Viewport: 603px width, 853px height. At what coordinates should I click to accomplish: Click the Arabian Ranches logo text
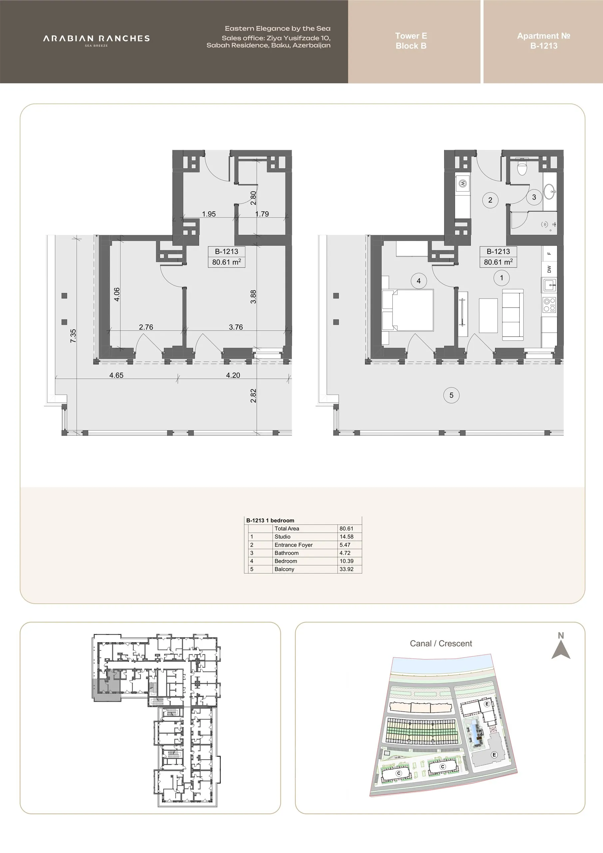pos(96,39)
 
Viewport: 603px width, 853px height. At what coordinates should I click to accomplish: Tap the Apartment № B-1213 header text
pos(544,41)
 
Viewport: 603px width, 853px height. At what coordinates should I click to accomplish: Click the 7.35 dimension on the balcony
pos(73,336)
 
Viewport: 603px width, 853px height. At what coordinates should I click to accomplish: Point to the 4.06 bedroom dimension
pos(117,294)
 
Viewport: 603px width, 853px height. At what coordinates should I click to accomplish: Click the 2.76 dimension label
pos(146,327)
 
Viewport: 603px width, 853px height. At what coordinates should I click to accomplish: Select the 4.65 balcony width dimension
pos(116,375)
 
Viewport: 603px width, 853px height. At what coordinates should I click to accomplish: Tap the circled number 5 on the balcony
pos(451,395)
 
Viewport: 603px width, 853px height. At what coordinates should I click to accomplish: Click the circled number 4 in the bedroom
pos(419,281)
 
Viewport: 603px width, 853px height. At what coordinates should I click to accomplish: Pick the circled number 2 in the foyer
pos(490,200)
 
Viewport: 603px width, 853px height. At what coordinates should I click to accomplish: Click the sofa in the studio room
pos(513,314)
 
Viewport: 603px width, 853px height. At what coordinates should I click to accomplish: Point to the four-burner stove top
pos(549,305)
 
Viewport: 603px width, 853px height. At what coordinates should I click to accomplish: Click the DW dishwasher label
pos(549,269)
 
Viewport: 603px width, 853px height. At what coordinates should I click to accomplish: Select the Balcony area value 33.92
pos(346,569)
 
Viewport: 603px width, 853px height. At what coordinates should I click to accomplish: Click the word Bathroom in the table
pos(287,553)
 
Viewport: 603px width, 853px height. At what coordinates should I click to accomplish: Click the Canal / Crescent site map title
pos(441,643)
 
